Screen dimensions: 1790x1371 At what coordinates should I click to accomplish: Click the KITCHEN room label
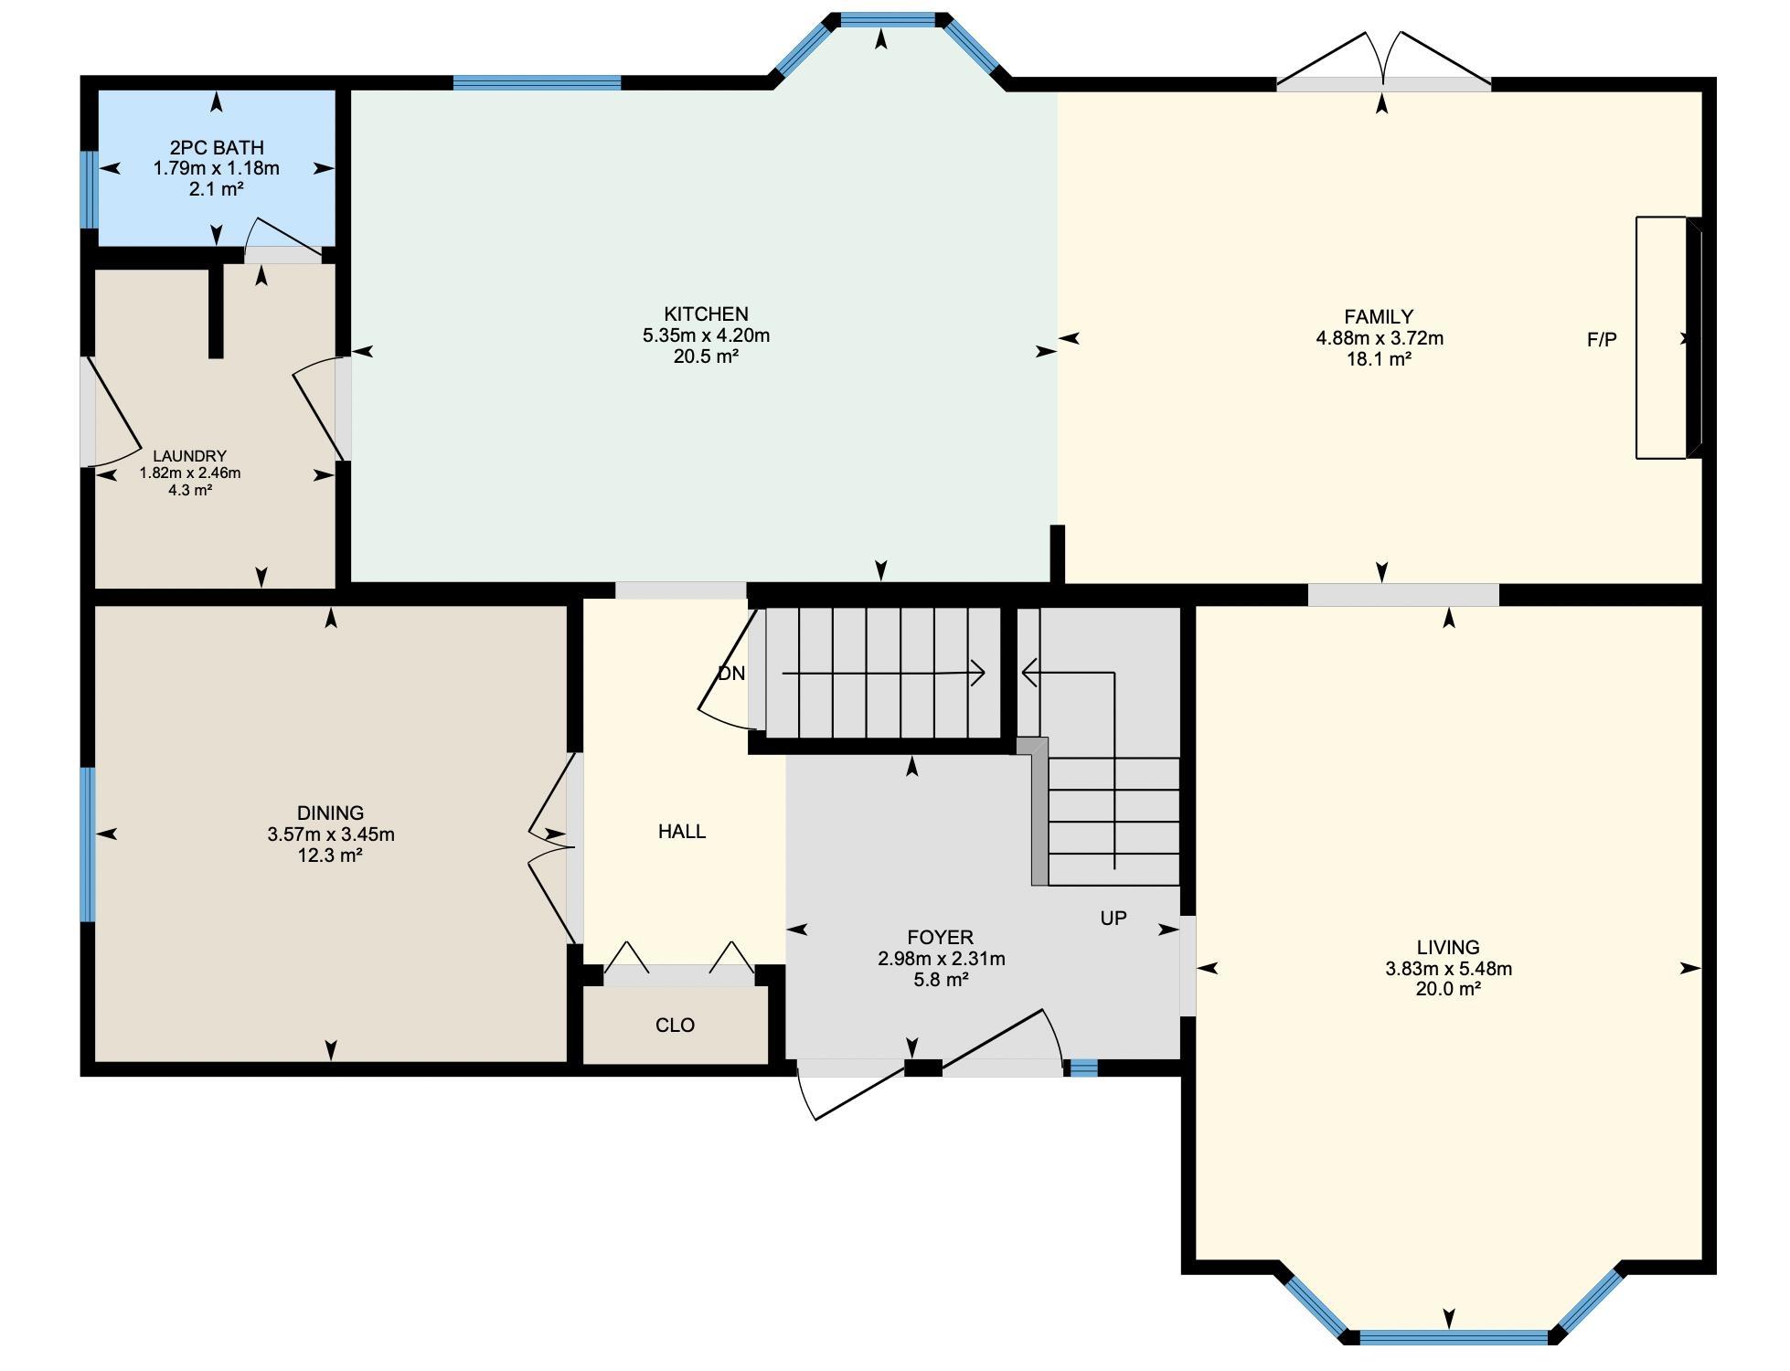tap(706, 314)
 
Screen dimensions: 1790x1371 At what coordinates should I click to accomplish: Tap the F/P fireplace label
tap(1602, 340)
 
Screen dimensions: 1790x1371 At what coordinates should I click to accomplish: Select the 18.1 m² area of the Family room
tap(1379, 359)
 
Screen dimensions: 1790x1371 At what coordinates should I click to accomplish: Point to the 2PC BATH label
tap(217, 147)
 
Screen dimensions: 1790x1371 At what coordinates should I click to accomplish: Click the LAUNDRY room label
tap(189, 456)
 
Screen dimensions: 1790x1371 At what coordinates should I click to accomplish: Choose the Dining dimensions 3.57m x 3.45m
tap(331, 834)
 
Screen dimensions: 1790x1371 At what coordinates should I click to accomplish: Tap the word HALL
tap(682, 832)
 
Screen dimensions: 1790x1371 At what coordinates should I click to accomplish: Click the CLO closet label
tap(676, 1026)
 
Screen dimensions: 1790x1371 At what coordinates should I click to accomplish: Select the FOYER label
tap(941, 938)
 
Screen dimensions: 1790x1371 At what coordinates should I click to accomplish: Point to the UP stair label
tap(1113, 919)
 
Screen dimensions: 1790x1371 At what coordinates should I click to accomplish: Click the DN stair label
tap(731, 674)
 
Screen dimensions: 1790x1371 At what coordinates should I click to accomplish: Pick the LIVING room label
tap(1448, 948)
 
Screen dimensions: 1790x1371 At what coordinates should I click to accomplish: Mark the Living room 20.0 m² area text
tap(1448, 989)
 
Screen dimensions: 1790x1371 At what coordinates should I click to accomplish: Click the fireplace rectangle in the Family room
tap(1661, 337)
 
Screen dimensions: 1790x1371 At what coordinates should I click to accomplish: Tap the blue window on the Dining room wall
tap(88, 845)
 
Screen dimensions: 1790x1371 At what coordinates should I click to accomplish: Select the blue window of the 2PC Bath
tap(89, 189)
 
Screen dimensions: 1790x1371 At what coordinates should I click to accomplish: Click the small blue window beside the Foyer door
tap(1083, 1067)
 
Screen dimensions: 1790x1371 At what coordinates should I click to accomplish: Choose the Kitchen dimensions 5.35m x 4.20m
tap(706, 335)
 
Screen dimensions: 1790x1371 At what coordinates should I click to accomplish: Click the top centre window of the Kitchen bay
tap(888, 19)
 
